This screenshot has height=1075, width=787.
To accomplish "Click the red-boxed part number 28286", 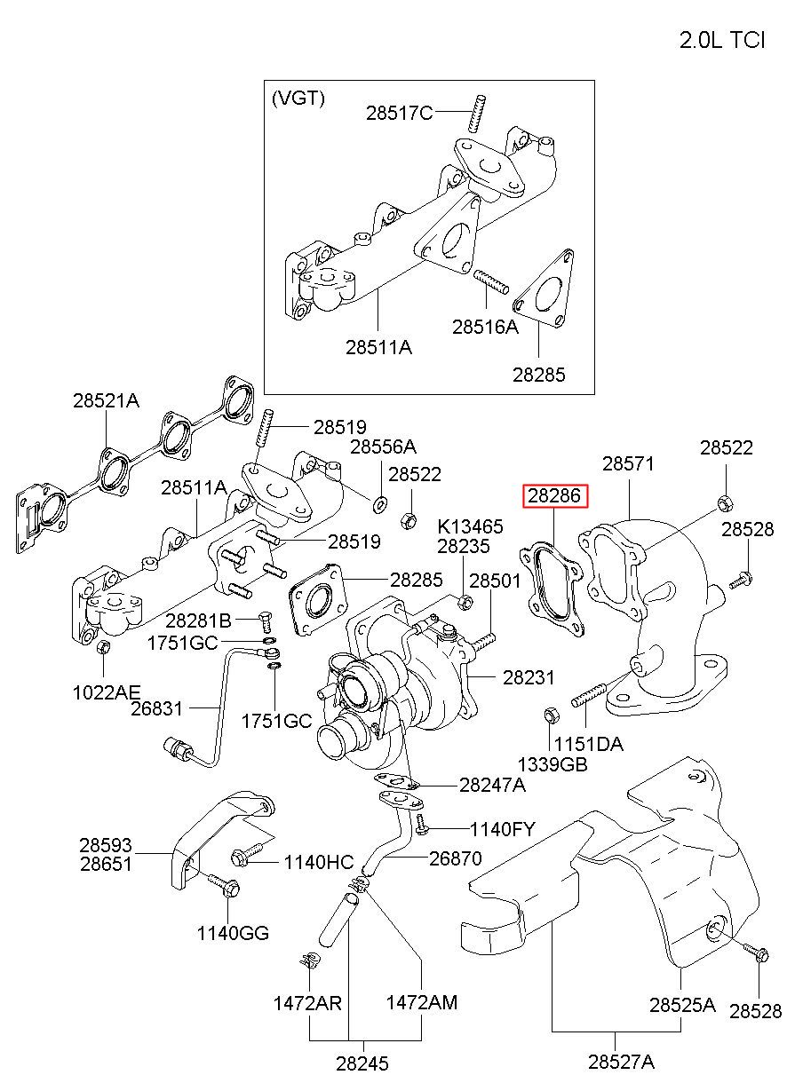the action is click(554, 496).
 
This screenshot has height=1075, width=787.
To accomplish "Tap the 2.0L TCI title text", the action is click(722, 40).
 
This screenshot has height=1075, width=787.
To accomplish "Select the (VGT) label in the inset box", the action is click(298, 99).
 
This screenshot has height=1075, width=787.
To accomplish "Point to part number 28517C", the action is click(400, 114).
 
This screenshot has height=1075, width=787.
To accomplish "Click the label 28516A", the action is click(486, 327).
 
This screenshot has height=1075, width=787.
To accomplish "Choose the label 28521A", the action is click(106, 400).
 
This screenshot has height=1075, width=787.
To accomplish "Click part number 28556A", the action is click(383, 447).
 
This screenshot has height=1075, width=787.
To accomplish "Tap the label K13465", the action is click(470, 526).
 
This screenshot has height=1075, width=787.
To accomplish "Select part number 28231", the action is click(529, 677).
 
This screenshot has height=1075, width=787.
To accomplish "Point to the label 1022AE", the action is click(107, 692).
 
